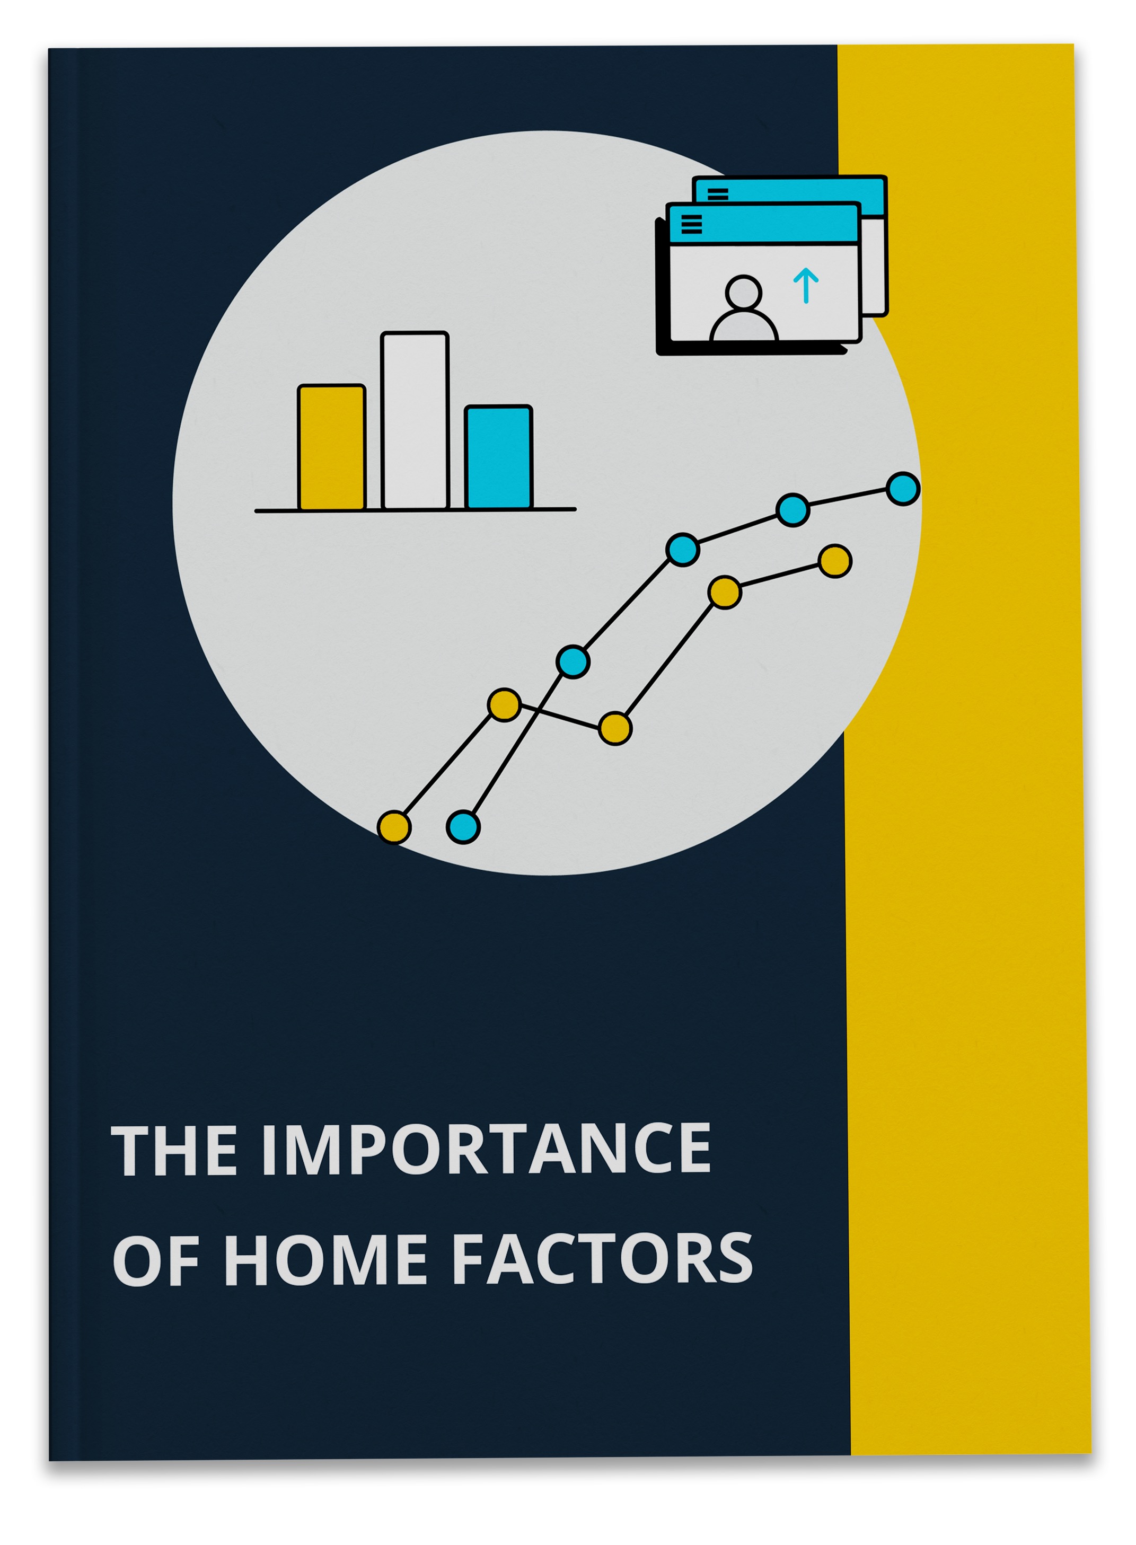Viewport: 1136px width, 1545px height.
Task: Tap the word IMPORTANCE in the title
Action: coord(486,1150)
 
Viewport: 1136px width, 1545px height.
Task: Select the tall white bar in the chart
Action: coord(415,421)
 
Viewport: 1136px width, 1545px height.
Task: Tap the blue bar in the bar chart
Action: coord(498,458)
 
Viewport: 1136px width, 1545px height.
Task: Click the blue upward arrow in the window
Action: coord(806,285)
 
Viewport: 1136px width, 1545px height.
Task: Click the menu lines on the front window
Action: coord(691,224)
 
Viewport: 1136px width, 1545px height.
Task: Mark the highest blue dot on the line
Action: coord(903,489)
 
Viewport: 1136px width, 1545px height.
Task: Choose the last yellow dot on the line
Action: coord(835,561)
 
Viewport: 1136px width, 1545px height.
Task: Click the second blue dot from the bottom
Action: coord(573,662)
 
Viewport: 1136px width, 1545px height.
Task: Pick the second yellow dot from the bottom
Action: coord(504,705)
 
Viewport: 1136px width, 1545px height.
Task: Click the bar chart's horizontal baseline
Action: coord(416,510)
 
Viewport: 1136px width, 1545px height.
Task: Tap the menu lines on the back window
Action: coord(718,194)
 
